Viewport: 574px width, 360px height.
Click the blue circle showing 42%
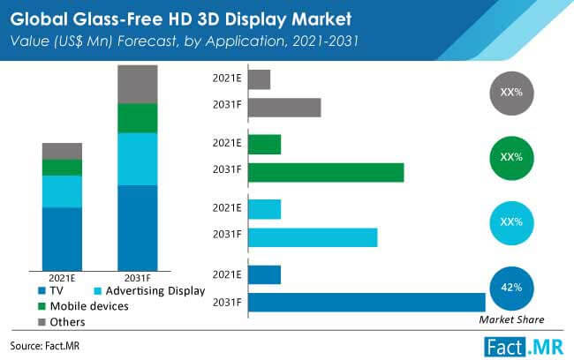(511, 288)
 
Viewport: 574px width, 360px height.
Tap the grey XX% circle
(511, 92)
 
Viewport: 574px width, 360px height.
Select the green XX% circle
(511, 157)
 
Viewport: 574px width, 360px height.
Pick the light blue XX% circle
(511, 221)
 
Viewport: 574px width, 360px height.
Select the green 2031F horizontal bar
(326, 173)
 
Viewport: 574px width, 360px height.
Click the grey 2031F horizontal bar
(284, 108)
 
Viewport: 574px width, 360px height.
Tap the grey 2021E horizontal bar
(260, 79)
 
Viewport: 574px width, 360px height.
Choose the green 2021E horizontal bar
(265, 144)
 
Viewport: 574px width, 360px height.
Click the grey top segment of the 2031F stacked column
(137, 84)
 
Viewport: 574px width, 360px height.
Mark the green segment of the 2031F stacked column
(137, 118)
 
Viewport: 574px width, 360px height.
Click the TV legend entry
(58, 289)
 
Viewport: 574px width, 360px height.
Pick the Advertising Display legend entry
(149, 289)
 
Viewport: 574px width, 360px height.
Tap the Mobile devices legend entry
(85, 305)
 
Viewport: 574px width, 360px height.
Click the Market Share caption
(511, 319)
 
